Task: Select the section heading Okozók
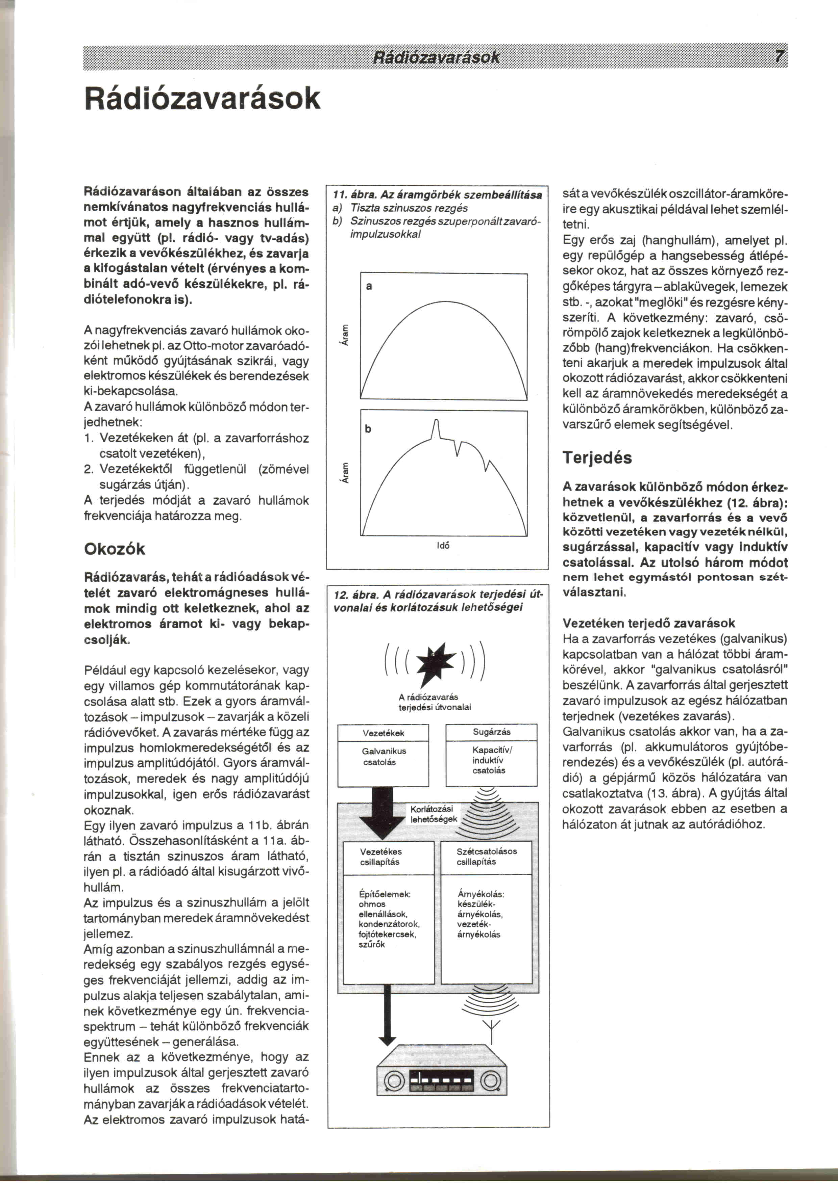tap(115, 549)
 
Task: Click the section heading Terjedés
tap(597, 457)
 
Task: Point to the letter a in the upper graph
tap(369, 286)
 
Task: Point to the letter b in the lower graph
tap(368, 429)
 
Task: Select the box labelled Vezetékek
tap(384, 733)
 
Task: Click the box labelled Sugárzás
tap(491, 732)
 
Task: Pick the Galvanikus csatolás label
tap(384, 757)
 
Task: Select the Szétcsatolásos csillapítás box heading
tap(486, 856)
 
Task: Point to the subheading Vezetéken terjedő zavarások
tap(649, 623)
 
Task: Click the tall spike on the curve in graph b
tap(436, 428)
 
